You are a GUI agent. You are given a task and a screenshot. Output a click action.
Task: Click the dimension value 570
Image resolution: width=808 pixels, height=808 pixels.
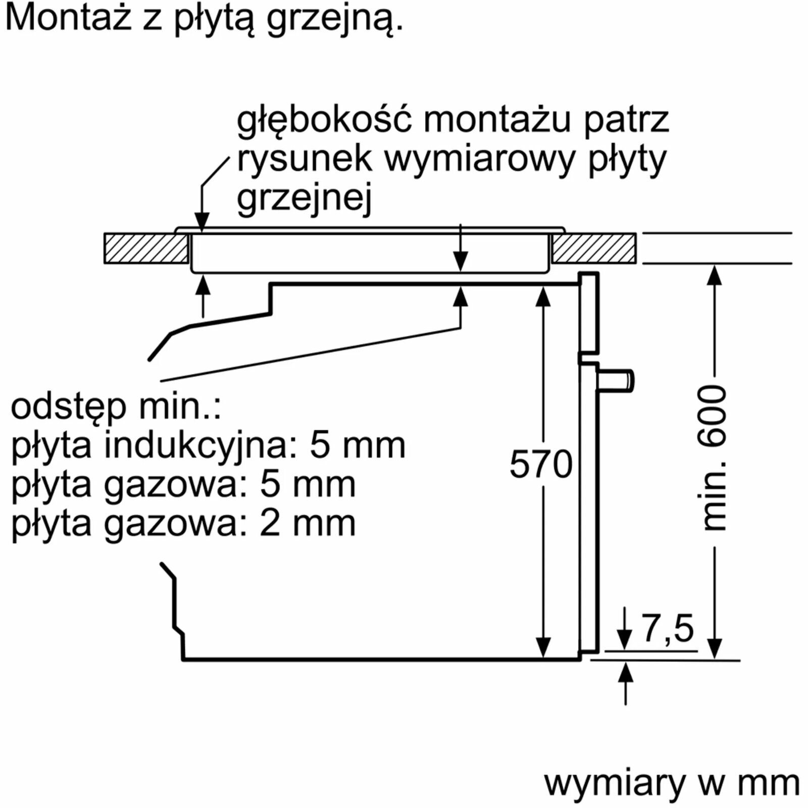point(541,464)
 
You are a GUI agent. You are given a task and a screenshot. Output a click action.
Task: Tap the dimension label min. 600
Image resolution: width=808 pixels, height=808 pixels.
point(714,458)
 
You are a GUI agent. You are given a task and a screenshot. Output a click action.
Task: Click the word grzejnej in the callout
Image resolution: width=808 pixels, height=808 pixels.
point(304,198)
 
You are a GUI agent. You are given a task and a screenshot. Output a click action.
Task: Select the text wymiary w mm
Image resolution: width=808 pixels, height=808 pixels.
point(672,783)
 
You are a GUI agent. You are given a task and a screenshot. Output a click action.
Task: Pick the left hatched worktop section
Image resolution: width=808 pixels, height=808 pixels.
point(146,248)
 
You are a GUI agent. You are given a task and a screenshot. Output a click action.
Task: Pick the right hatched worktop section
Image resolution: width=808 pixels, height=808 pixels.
point(594,248)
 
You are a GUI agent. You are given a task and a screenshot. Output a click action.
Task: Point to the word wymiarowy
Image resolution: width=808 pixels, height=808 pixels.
point(479,160)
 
